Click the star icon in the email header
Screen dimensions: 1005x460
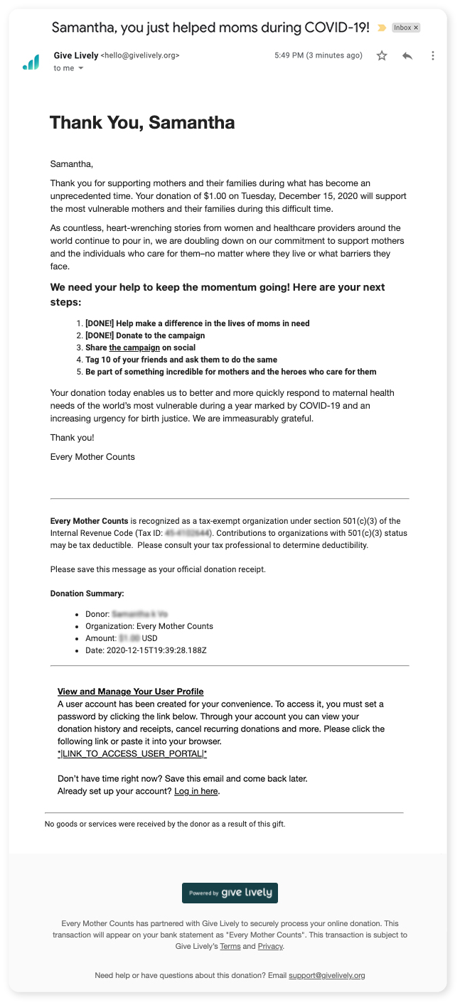pyautogui.click(x=382, y=55)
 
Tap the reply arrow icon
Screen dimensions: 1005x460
pyautogui.click(x=407, y=55)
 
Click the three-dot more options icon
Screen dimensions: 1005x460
pyautogui.click(x=432, y=55)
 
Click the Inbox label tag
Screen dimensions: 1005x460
pyautogui.click(x=406, y=28)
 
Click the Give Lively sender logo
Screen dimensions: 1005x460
pyautogui.click(x=31, y=63)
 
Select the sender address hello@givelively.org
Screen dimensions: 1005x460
pyautogui.click(x=140, y=55)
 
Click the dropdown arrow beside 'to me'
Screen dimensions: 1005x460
pyautogui.click(x=80, y=68)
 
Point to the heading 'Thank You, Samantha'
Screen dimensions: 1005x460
pyautogui.click(x=142, y=122)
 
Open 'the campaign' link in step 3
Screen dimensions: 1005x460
pyautogui.click(x=134, y=348)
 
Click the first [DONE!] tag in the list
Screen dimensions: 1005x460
pyautogui.click(x=100, y=323)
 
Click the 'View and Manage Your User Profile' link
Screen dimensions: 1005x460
pyautogui.click(x=130, y=692)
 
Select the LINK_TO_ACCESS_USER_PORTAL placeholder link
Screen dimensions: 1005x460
pyautogui.click(x=132, y=753)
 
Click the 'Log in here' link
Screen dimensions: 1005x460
pyautogui.click(x=196, y=791)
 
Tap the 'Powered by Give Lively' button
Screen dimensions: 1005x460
pyautogui.click(x=230, y=893)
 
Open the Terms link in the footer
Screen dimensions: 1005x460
pyautogui.click(x=230, y=947)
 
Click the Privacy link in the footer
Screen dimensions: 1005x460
pyautogui.click(x=269, y=947)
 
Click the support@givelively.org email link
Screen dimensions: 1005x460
pyautogui.click(x=327, y=975)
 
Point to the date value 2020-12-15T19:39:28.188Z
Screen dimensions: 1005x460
pyautogui.click(x=156, y=650)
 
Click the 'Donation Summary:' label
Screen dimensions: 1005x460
pyautogui.click(x=87, y=593)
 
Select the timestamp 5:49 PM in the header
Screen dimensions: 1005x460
pyautogui.click(x=289, y=55)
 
